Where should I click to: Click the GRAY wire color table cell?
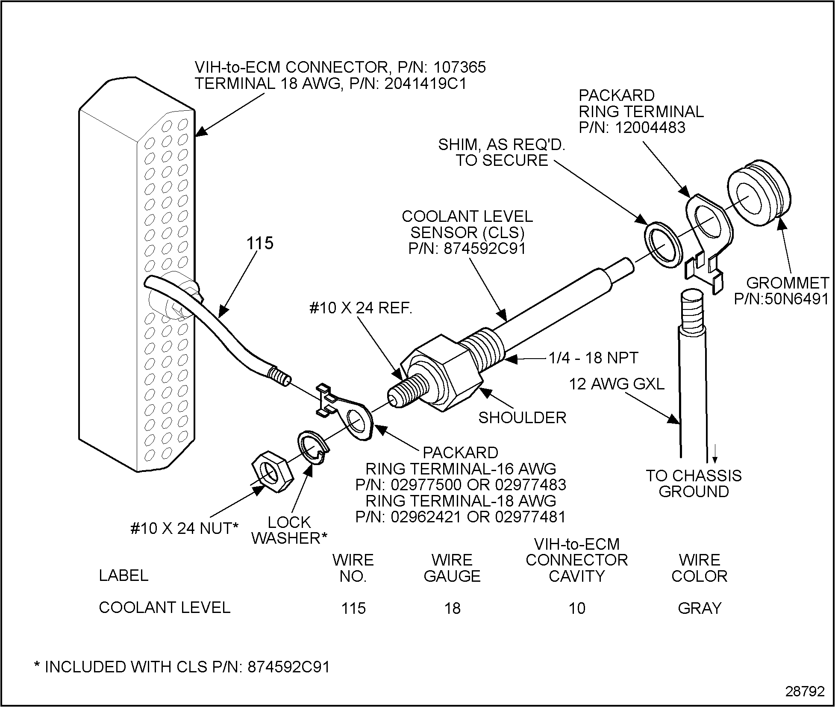point(699,608)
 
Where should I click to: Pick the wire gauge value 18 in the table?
point(452,608)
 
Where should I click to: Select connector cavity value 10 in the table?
point(576,608)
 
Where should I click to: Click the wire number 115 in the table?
point(353,608)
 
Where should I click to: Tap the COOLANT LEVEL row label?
point(165,607)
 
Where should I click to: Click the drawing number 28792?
point(805,692)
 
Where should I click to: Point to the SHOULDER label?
point(522,418)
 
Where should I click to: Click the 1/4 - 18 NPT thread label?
point(594,357)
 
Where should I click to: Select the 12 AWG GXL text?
point(616,384)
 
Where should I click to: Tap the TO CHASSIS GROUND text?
point(694,483)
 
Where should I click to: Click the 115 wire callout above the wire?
point(260,243)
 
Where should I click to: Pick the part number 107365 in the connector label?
point(460,68)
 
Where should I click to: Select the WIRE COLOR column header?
point(699,568)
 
